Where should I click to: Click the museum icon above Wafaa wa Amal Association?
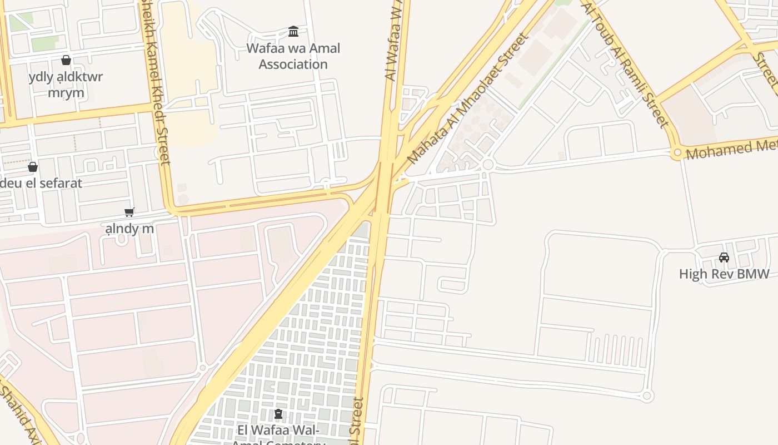coord(293,31)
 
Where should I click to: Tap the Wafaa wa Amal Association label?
coord(293,56)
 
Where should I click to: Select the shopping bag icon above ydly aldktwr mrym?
coord(66,60)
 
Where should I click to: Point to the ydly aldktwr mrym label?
coord(66,85)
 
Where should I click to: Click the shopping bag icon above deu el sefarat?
coord(33,167)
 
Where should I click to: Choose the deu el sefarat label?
coord(41,183)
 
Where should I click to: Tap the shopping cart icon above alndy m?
coord(129,212)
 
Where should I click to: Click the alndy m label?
coord(129,228)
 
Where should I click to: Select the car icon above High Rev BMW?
coord(724,257)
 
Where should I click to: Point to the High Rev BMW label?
coord(724,274)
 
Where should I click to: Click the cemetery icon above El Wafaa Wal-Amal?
coord(278,414)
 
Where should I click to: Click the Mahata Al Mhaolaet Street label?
coord(466,99)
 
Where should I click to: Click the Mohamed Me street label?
coord(731,149)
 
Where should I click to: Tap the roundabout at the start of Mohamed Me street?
coord(677,152)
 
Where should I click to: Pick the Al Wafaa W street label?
coord(393,42)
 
